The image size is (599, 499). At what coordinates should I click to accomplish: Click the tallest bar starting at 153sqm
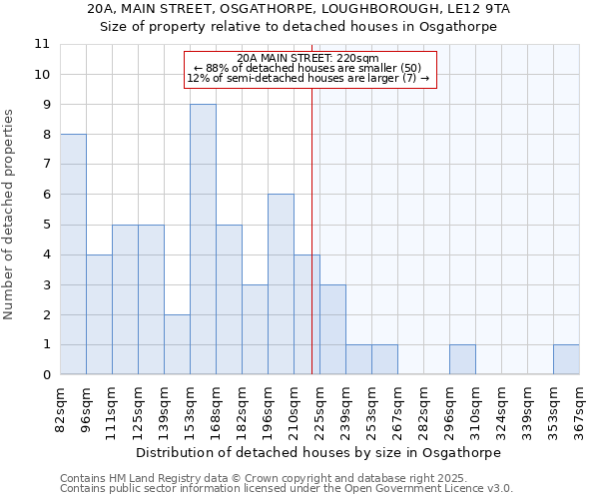click(203, 240)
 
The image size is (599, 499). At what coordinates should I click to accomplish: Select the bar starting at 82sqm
click(73, 254)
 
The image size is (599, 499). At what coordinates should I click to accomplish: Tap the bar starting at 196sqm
click(281, 284)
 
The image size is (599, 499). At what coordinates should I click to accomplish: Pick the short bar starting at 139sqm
click(177, 344)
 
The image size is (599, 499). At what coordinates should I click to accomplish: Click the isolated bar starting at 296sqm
click(462, 360)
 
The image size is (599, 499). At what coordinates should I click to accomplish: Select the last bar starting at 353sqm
click(566, 360)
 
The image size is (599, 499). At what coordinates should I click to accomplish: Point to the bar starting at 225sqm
click(332, 329)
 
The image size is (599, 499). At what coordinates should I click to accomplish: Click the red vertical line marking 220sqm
click(312, 249)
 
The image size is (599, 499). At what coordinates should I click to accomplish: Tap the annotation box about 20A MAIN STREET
click(310, 69)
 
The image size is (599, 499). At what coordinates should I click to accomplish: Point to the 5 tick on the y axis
click(46, 225)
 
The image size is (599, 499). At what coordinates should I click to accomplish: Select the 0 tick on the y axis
click(46, 375)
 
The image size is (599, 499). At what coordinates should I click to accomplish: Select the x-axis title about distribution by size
click(317, 452)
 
